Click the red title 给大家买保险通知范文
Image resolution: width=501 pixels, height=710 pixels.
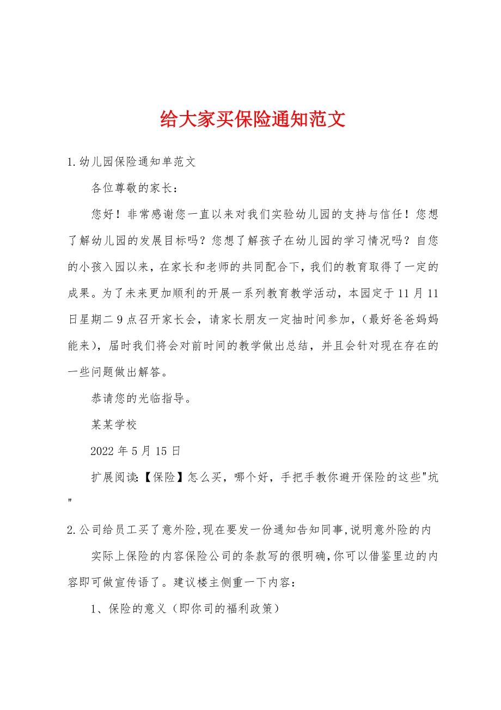pyautogui.click(x=253, y=119)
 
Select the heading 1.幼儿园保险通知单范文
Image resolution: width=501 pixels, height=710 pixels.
pyautogui.click(x=131, y=162)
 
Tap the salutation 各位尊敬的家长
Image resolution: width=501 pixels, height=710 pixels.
pyautogui.click(x=134, y=188)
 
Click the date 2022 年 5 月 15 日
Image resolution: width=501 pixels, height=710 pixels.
pyautogui.click(x=136, y=451)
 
